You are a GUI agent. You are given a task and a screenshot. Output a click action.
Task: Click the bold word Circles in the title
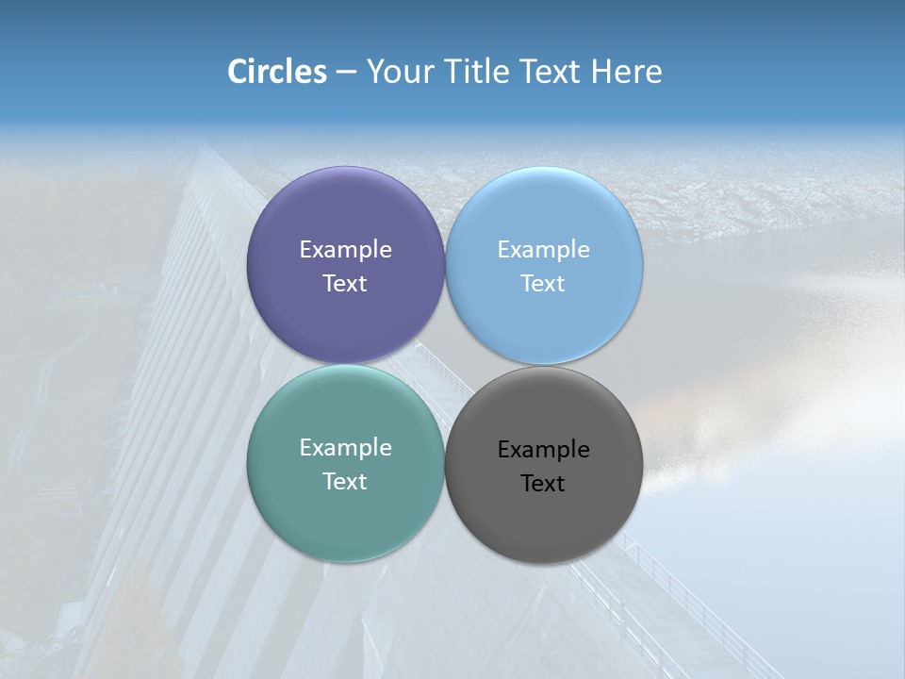pos(277,72)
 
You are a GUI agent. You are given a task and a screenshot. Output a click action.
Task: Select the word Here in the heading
pos(627,72)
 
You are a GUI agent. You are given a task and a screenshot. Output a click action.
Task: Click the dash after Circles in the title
pos(346,73)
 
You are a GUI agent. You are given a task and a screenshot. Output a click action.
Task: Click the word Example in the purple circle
pos(345,250)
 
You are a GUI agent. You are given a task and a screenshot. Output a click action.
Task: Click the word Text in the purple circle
pos(345,284)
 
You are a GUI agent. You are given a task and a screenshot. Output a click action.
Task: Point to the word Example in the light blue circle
pos(543,250)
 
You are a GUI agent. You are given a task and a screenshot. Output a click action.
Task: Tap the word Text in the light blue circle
pos(543,284)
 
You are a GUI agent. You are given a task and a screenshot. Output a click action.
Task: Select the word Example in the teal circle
pos(345,448)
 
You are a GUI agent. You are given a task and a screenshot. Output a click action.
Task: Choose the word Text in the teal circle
pos(345,482)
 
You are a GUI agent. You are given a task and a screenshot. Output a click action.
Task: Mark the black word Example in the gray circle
pos(543,450)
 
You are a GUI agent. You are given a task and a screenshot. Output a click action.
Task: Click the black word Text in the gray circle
pos(543,484)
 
